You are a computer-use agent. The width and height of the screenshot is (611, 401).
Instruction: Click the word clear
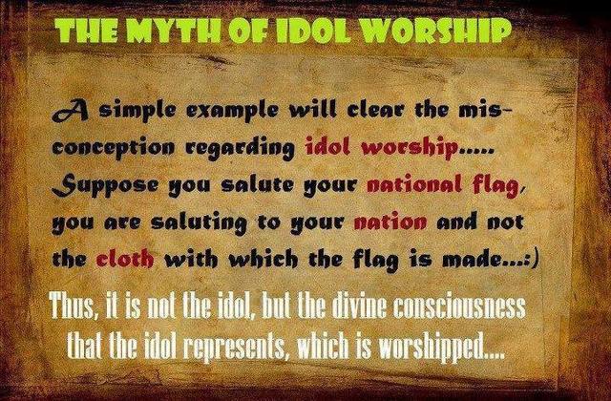[376, 111]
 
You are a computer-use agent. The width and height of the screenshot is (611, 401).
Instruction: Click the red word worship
[410, 148]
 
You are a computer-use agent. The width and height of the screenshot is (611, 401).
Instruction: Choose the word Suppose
[105, 185]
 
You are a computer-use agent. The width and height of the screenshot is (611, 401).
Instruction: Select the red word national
[414, 184]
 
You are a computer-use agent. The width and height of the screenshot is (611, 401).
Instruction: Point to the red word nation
[390, 222]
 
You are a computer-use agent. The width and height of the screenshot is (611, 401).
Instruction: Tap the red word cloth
[125, 258]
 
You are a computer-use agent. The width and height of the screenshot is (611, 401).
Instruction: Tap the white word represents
[233, 346]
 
